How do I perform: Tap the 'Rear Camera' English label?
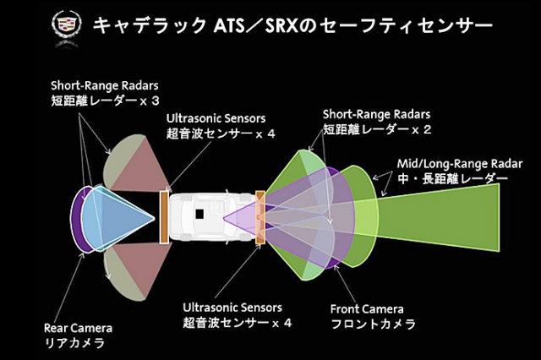(78, 328)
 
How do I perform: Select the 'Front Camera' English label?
(367, 309)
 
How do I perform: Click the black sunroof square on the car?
(200, 215)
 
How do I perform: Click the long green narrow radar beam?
(456, 212)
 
